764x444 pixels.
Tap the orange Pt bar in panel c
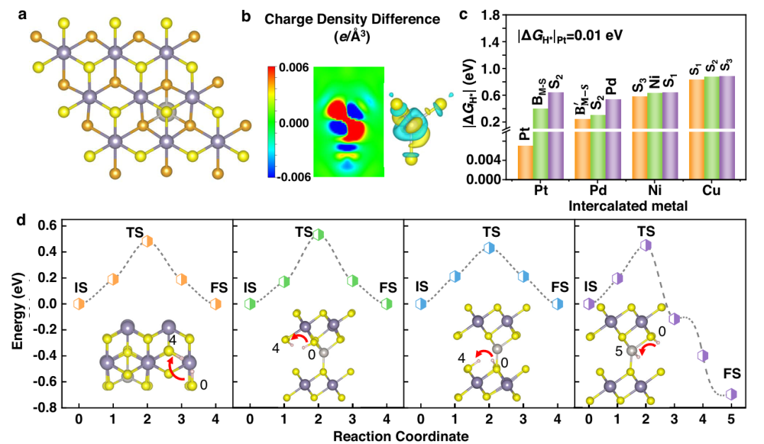pyautogui.click(x=525, y=162)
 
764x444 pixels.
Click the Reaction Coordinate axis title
pyautogui.click(x=403, y=433)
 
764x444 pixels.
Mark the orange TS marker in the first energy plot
pyautogui.click(x=146, y=241)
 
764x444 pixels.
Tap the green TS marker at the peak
pyautogui.click(x=318, y=235)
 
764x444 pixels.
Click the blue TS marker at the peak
pyautogui.click(x=489, y=247)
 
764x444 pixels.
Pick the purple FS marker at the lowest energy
pyautogui.click(x=731, y=394)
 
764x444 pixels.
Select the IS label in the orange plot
pyautogui.click(x=81, y=288)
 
